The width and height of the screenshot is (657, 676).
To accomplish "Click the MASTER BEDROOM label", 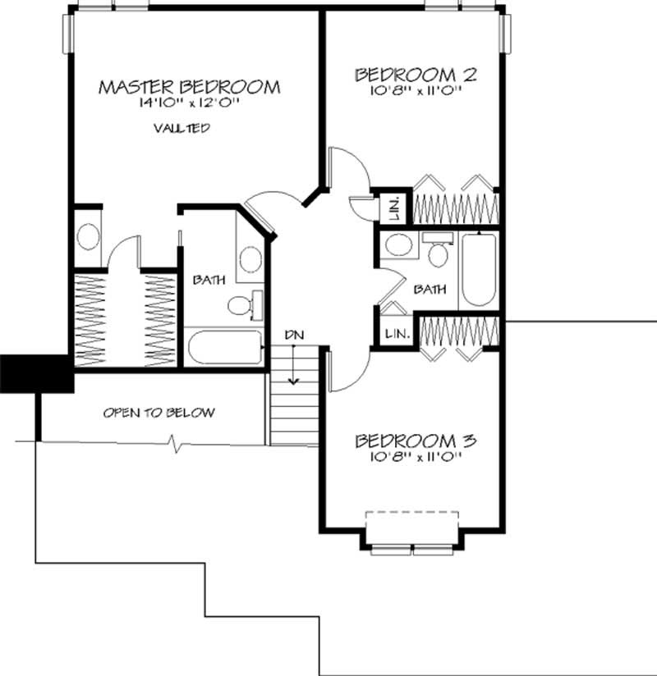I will point(190,86).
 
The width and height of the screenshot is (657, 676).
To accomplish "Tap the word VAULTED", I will point(181,128).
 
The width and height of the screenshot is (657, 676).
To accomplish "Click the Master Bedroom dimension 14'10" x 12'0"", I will point(190,105).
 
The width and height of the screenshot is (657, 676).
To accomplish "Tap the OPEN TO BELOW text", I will point(159,412).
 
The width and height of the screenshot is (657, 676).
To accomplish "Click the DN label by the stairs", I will point(293,335).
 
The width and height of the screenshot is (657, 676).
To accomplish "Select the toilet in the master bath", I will point(241,304).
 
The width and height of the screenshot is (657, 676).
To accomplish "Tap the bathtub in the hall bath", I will point(478,269).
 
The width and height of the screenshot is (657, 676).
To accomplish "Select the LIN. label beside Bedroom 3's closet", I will point(393,332).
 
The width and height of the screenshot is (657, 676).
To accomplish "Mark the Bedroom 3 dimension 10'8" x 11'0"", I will point(416,458).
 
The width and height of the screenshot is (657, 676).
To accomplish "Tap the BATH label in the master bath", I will point(205,280).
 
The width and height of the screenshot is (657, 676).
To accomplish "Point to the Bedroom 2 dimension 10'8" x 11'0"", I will point(416,92).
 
